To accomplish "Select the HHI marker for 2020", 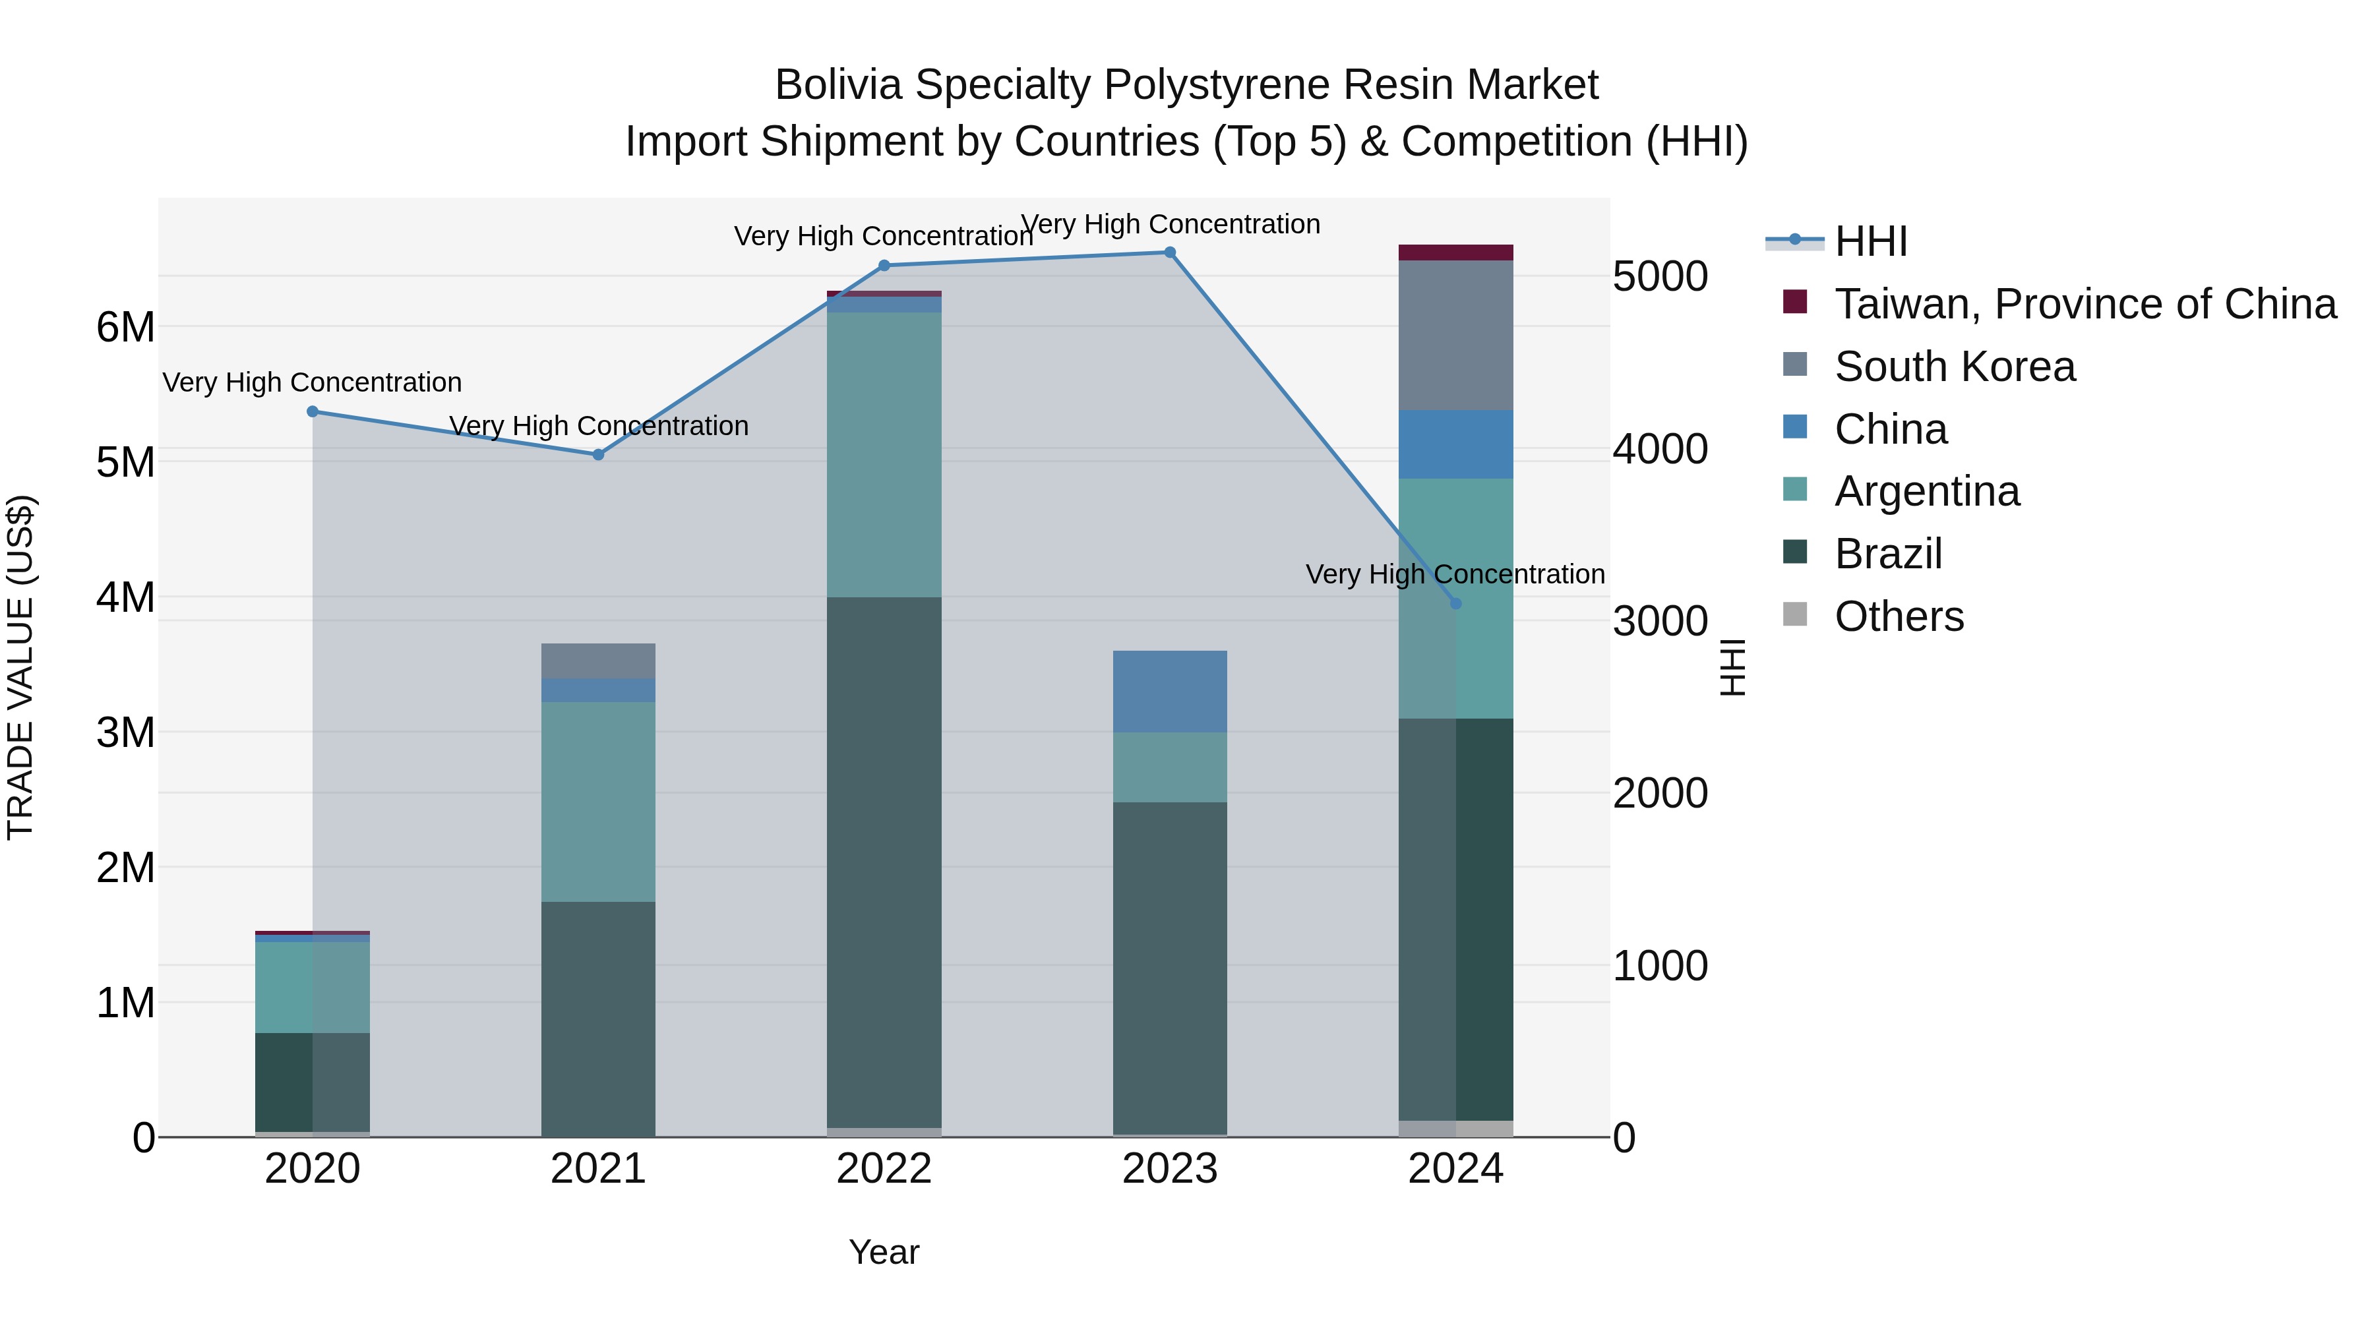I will pos(313,412).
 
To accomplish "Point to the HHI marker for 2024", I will pos(1455,603).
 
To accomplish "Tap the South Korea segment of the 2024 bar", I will pos(1455,336).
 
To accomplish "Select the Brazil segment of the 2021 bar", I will pos(598,1018).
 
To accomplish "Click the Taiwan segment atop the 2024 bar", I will pos(1455,252).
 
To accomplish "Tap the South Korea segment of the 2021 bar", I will pos(598,661).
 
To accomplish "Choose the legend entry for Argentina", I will pos(1926,491).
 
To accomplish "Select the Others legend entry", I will pos(1899,616).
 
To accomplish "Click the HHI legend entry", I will pos(1870,241).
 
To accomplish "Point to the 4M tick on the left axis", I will pos(125,597).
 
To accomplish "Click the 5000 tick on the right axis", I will pos(1660,276).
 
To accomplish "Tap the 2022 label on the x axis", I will pos(884,1169).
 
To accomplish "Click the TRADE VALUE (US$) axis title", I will pos(20,667).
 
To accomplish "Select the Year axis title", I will pos(884,1252).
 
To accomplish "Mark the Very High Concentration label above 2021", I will pos(598,426).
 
